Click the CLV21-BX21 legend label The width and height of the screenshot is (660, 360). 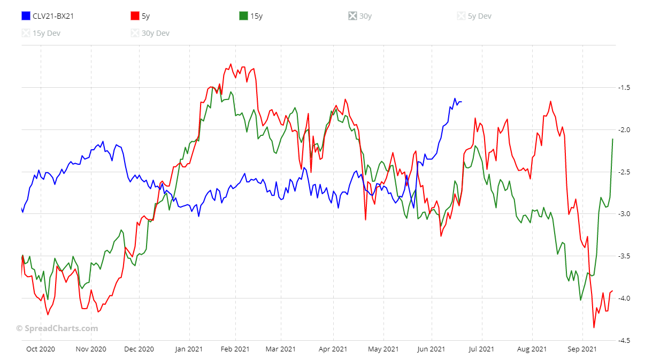[x=53, y=16]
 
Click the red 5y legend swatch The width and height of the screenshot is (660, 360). [x=135, y=16]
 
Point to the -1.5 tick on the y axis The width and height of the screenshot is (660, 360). [x=624, y=88]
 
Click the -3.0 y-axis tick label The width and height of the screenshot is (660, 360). [x=624, y=214]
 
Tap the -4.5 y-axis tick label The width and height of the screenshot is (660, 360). [x=624, y=341]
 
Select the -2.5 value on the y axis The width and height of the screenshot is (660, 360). [x=624, y=172]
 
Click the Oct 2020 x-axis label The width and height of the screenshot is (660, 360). [x=41, y=349]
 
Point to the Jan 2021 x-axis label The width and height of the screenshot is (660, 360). [x=188, y=349]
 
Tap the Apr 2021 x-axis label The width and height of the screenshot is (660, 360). [x=333, y=349]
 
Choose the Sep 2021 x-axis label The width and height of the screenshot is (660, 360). [x=582, y=349]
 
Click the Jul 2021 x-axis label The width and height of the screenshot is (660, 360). [x=481, y=349]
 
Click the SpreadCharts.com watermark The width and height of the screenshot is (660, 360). [x=57, y=328]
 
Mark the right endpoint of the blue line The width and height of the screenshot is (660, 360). [x=462, y=102]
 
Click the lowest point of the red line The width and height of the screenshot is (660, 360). [x=594, y=327]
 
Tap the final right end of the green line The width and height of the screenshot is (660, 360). [x=612, y=139]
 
